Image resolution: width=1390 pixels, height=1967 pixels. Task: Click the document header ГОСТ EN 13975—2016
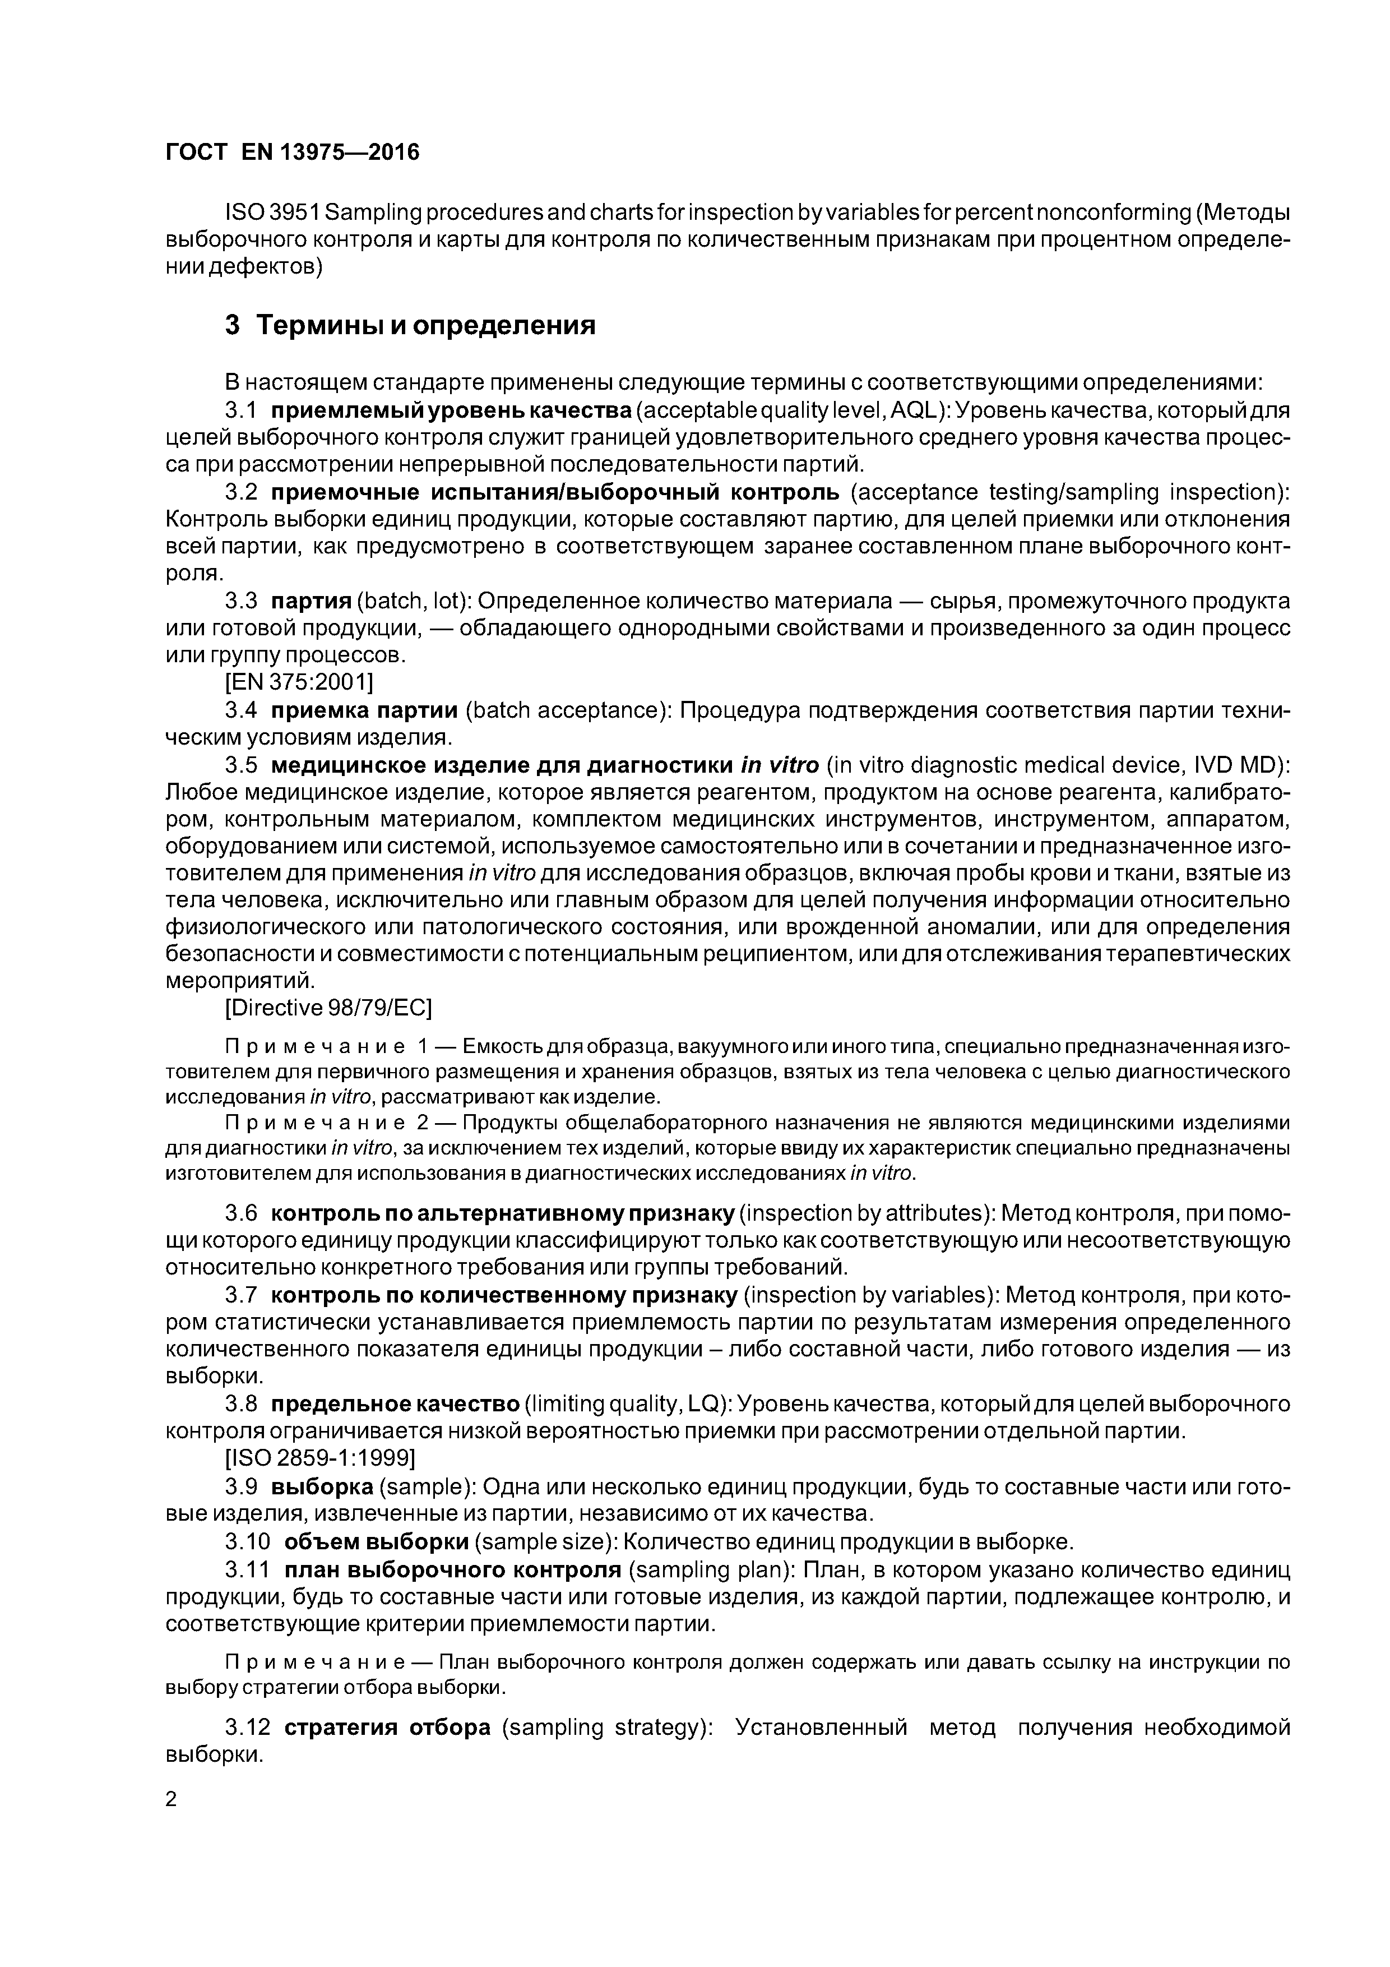[x=292, y=153]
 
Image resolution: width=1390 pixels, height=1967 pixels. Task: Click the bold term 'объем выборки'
[x=376, y=1542]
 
